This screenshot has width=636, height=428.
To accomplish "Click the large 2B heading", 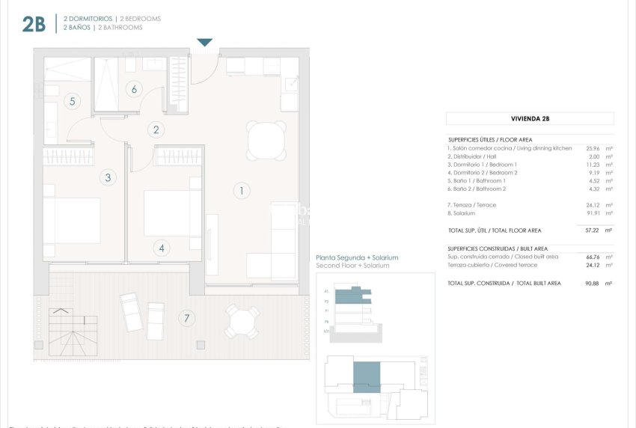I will (34, 24).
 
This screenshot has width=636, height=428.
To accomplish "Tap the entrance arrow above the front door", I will (204, 43).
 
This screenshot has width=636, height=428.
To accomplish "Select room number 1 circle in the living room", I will (241, 191).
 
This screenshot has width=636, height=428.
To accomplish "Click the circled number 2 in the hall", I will (156, 129).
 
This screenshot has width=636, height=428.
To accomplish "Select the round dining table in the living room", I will (266, 140).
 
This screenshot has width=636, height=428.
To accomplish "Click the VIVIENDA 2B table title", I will (530, 118).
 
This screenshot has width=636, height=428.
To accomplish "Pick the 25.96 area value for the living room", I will (593, 148).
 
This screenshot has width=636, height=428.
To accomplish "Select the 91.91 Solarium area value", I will (593, 213).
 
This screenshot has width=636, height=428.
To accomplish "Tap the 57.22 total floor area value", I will (593, 230).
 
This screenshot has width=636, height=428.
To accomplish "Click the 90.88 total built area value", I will (593, 284).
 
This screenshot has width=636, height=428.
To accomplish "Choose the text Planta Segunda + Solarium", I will (357, 257).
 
